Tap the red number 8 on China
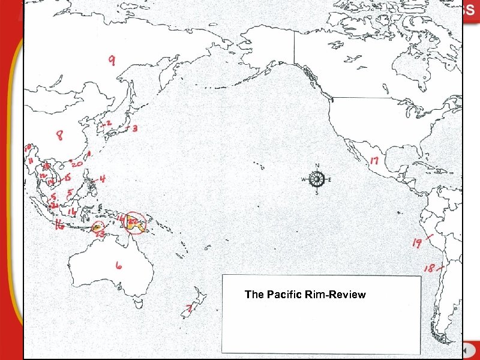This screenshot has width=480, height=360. (x=59, y=135)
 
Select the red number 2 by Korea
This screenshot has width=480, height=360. (x=109, y=123)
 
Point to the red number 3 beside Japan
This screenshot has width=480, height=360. (x=134, y=128)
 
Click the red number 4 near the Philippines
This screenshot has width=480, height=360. (x=103, y=179)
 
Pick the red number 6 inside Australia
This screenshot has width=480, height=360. (x=119, y=265)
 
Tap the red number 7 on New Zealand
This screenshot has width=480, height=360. (x=190, y=309)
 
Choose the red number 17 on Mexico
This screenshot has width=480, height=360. (x=374, y=161)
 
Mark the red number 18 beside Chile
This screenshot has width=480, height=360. (x=429, y=269)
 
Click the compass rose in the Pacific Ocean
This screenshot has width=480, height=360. (x=317, y=179)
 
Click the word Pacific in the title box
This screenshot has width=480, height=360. (x=280, y=295)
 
